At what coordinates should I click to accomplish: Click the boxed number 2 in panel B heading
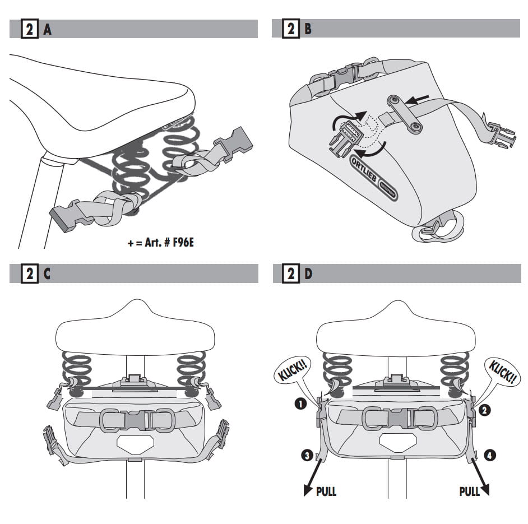tap(291, 29)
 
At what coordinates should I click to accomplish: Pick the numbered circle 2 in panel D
tap(484, 410)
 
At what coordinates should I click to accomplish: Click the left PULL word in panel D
tap(326, 491)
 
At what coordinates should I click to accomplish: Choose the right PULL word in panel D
tap(470, 491)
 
